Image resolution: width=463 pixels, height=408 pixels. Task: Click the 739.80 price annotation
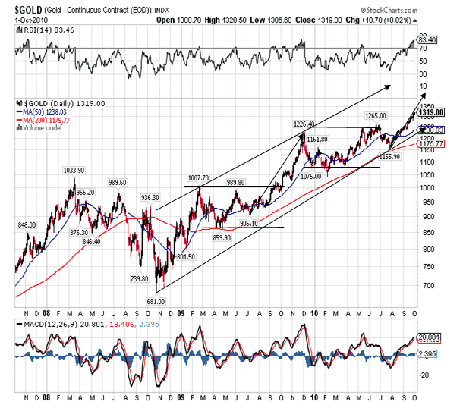[x=140, y=278]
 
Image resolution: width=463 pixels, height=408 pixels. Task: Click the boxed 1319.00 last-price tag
[x=432, y=112]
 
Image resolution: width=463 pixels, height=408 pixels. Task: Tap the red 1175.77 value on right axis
[x=432, y=143]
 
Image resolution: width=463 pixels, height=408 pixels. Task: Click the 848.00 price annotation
[x=27, y=225]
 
